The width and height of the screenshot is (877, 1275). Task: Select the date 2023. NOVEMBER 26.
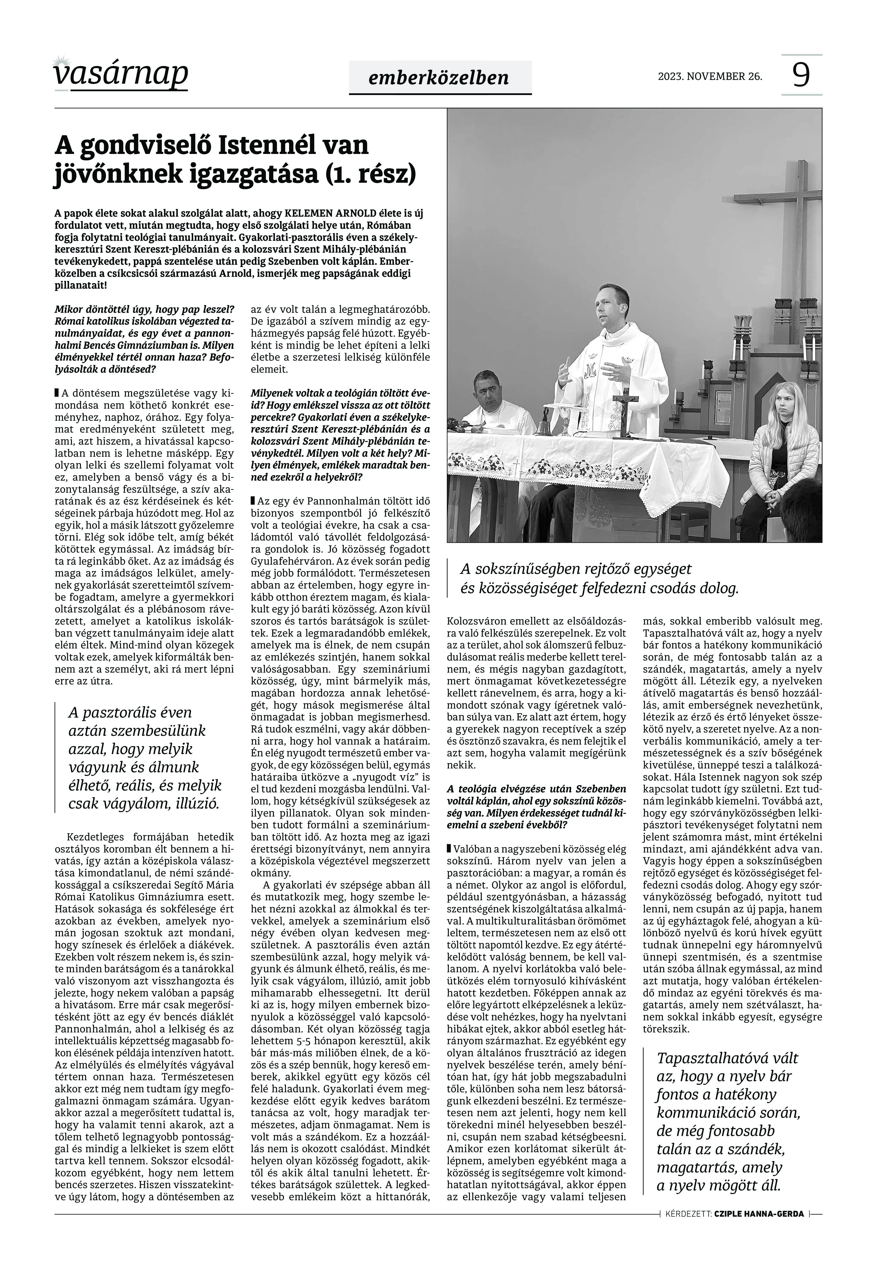tap(710, 76)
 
